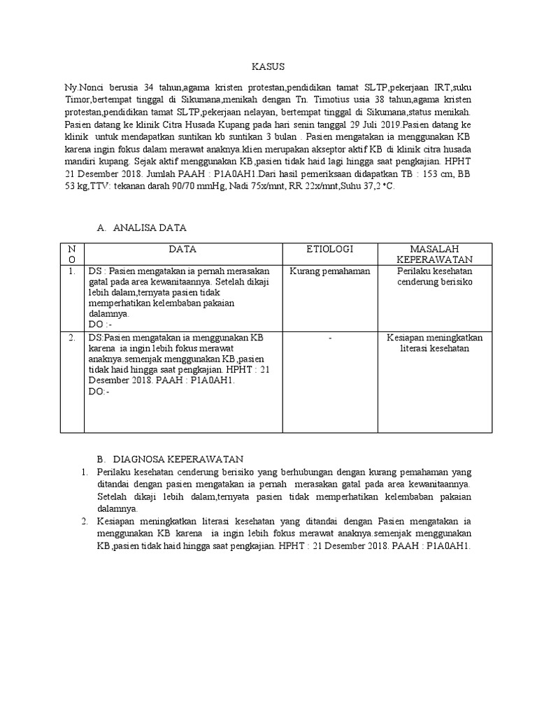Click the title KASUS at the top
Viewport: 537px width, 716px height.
(268, 67)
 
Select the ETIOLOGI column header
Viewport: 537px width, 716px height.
(330, 249)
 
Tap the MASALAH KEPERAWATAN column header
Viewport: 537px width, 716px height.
(434, 255)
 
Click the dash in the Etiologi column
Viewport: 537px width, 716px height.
(329, 338)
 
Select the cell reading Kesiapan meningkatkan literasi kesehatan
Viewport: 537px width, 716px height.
(434, 343)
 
